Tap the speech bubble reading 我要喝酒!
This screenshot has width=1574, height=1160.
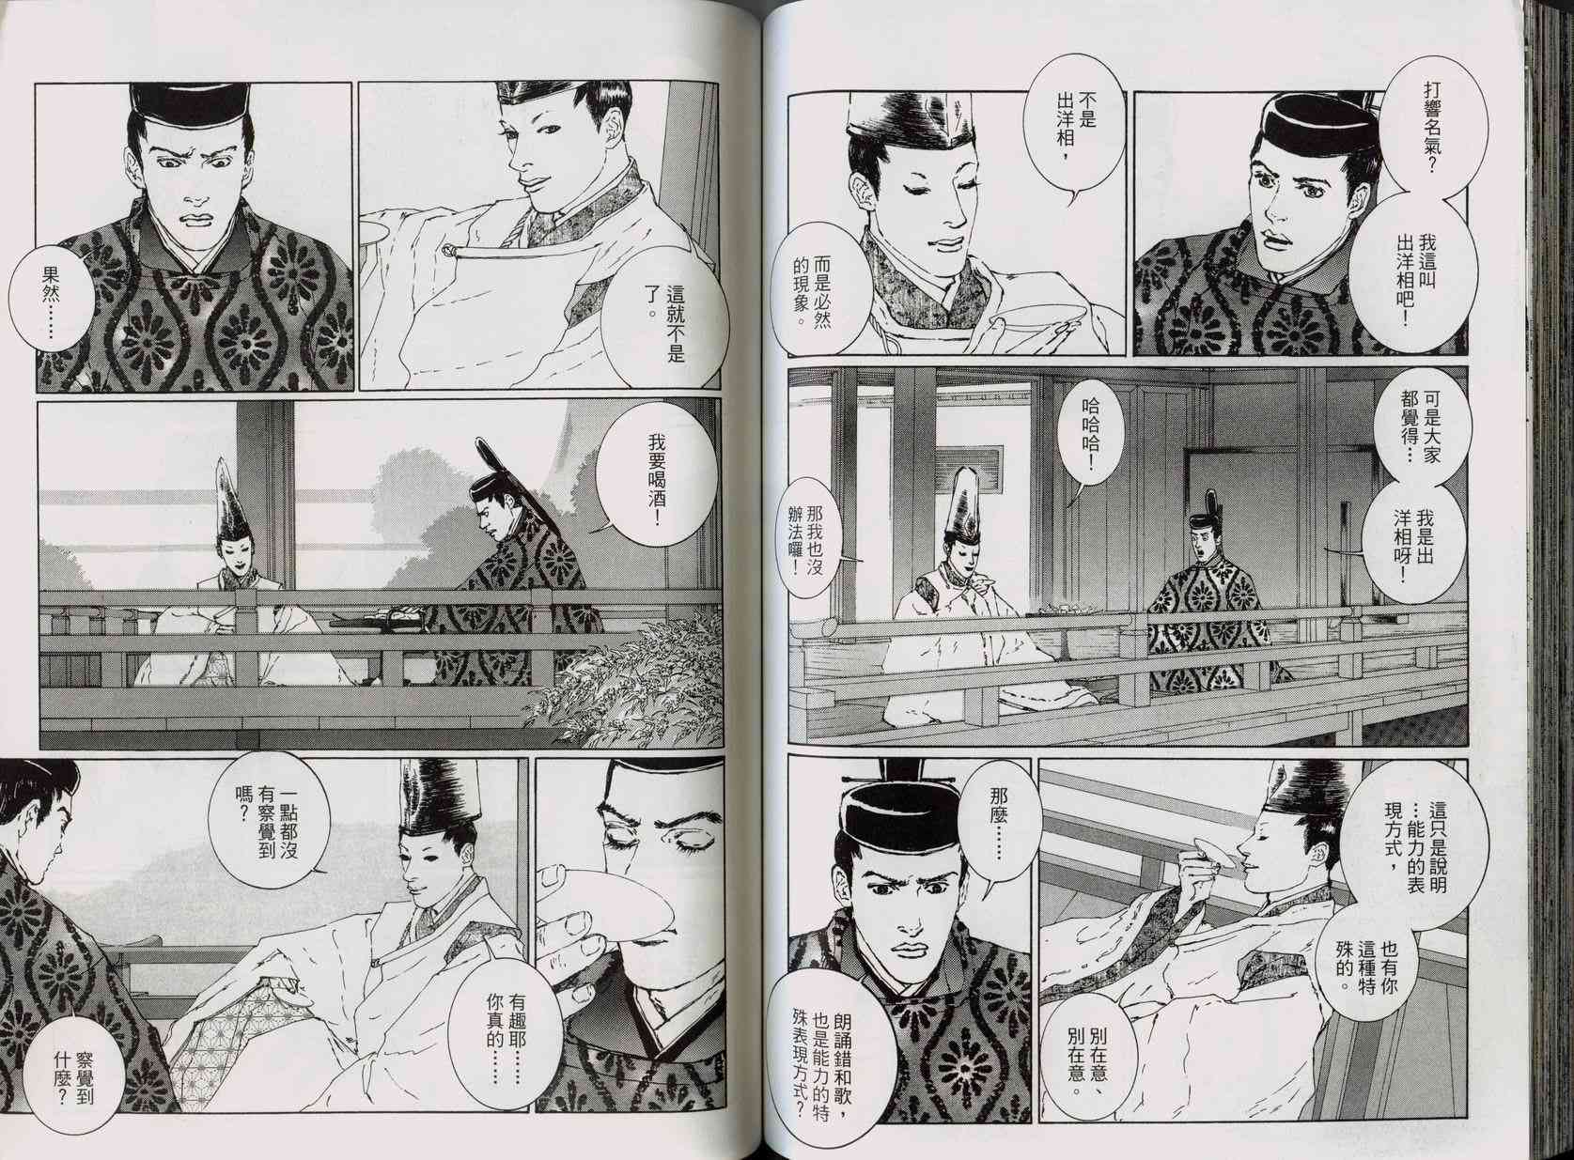coord(642,484)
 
